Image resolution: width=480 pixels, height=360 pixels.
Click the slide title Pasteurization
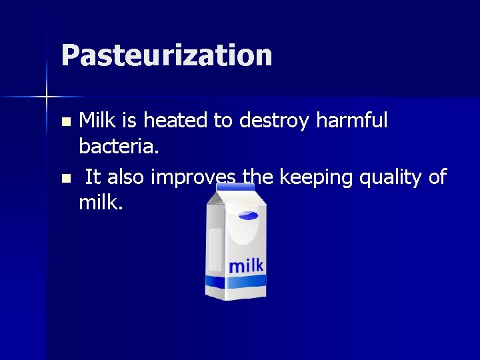click(x=166, y=55)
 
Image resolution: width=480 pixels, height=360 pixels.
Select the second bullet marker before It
click(x=65, y=179)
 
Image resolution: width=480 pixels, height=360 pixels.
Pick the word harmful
click(x=359, y=121)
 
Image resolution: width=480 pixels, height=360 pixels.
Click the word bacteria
click(x=119, y=145)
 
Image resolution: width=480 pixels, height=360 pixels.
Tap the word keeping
click(x=317, y=178)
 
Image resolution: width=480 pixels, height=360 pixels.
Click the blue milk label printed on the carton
click(x=246, y=265)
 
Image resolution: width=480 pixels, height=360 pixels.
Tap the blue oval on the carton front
click(x=249, y=215)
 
